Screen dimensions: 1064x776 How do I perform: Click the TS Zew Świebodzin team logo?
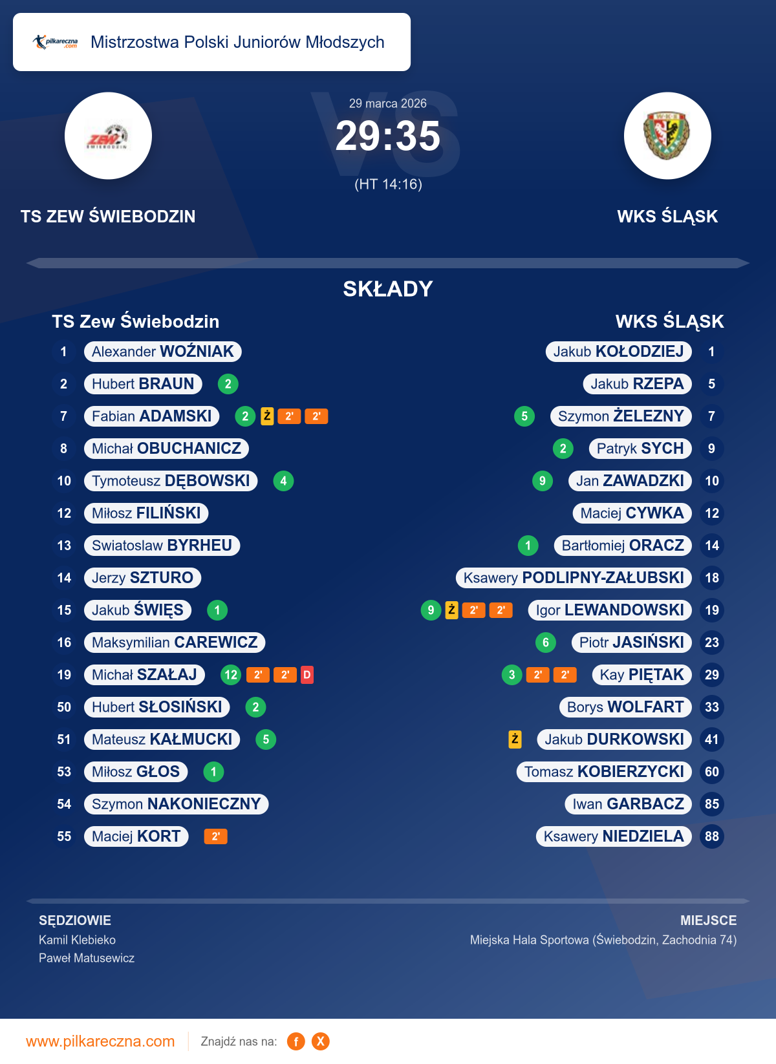point(108,136)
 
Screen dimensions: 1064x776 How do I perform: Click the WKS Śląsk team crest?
point(667,136)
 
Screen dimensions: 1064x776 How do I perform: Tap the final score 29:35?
point(387,136)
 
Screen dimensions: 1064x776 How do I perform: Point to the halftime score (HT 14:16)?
point(388,184)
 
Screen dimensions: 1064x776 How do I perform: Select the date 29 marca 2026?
point(388,103)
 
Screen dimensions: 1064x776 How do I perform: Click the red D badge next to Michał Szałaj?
point(307,675)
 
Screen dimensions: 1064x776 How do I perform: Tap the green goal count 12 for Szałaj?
point(231,675)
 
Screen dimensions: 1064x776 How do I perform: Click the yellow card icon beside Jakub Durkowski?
point(515,739)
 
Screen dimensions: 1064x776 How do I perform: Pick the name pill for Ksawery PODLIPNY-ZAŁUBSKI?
point(574,578)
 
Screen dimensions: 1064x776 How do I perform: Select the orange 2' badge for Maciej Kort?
point(215,836)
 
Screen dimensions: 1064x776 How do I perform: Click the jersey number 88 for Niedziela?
point(711,836)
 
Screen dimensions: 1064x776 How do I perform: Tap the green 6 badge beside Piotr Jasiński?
point(546,643)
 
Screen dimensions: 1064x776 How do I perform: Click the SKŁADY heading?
point(388,289)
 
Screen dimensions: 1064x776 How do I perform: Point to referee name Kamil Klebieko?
point(77,940)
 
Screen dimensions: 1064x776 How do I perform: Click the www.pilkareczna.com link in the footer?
point(100,1041)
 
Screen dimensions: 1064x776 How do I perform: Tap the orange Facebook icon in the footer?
point(296,1041)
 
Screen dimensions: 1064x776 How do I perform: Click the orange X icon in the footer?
point(321,1041)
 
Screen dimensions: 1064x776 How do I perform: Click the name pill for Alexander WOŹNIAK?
point(163,352)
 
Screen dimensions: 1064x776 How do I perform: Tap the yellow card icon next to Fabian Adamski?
point(267,416)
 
